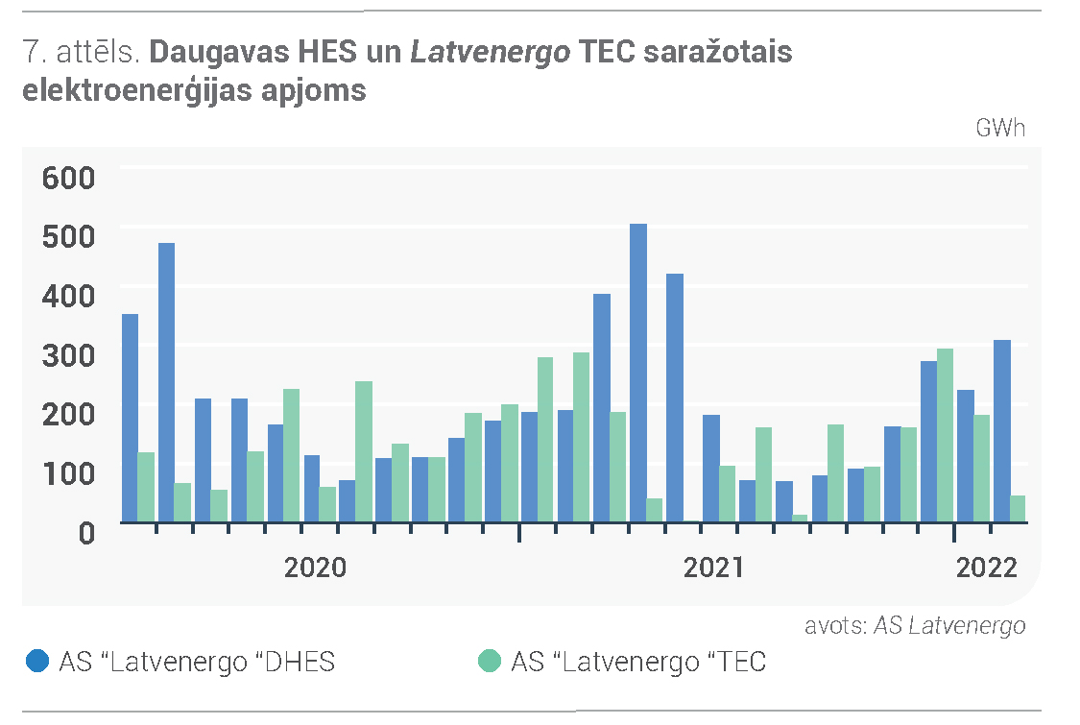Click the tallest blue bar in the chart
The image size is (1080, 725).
638,373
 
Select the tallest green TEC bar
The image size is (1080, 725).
945,436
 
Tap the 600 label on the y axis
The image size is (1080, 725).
68,178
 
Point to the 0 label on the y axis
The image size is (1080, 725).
86,533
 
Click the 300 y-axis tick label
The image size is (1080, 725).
68,355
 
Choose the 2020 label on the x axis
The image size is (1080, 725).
316,568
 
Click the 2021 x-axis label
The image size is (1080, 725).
713,568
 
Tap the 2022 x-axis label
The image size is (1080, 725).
986,568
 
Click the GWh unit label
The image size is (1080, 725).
1000,128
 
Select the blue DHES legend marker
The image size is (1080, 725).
37,661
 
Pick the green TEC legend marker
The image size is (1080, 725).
489,661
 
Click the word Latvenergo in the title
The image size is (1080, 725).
491,53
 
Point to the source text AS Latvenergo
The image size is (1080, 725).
949,626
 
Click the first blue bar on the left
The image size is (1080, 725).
131,419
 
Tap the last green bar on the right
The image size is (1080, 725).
1018,509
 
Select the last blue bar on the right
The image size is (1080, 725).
1002,431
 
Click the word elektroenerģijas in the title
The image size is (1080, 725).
137,91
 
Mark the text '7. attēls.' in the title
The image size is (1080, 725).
82,53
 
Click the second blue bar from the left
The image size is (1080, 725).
167,382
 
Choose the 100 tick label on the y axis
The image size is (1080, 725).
68,473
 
